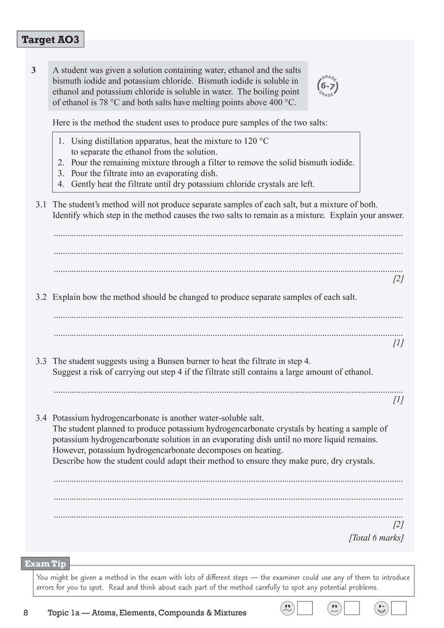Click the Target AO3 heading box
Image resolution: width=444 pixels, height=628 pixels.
click(50, 39)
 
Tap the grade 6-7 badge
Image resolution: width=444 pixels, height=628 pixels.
click(328, 86)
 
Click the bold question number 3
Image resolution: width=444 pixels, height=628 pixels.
click(34, 70)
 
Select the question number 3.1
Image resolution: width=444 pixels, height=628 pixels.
click(41, 205)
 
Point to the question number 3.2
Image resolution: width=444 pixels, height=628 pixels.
click(41, 297)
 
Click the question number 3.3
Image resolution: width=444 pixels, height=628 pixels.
click(41, 361)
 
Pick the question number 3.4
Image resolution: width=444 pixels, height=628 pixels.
click(41, 418)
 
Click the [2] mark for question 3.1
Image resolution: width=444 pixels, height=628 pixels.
click(398, 278)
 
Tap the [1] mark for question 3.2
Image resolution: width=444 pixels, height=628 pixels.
click(398, 343)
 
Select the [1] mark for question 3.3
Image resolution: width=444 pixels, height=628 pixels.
click(398, 399)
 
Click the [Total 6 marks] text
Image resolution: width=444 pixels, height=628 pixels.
click(376, 537)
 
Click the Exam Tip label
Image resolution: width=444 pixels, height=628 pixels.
click(45, 563)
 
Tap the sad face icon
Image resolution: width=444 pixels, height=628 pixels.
click(287, 608)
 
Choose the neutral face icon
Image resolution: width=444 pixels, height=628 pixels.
click(334, 608)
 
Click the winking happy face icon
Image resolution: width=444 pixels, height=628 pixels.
click(381, 608)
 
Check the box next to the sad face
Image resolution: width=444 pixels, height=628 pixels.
click(305, 608)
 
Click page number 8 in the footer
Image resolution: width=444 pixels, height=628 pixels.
click(26, 613)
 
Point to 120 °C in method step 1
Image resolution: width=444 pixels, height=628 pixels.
click(256, 141)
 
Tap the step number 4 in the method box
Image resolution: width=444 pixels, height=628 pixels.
click(61, 184)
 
